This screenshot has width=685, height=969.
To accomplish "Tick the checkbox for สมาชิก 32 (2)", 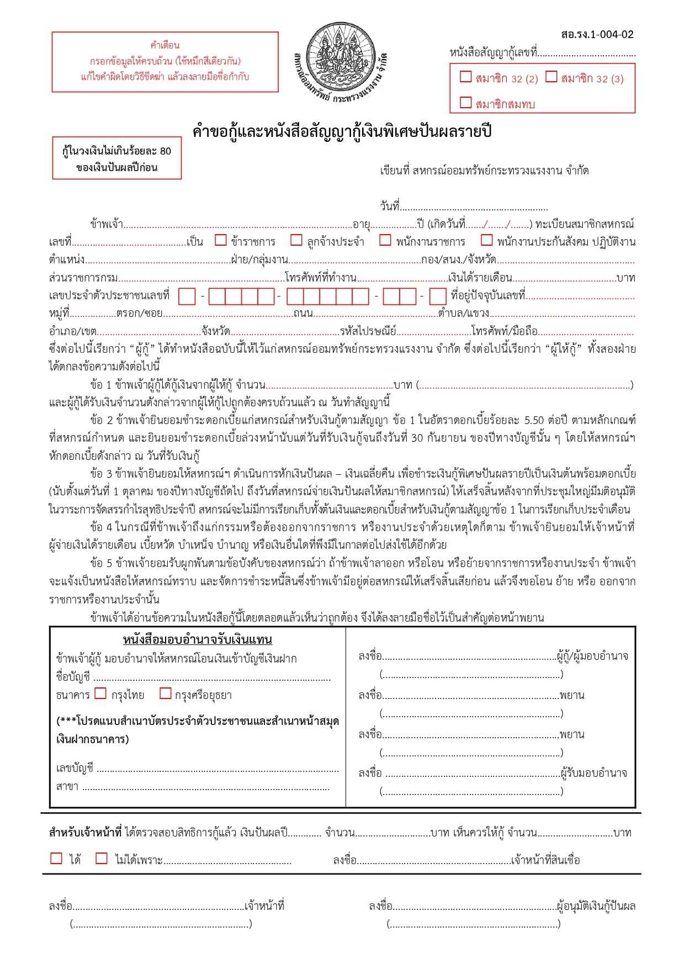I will click(466, 77).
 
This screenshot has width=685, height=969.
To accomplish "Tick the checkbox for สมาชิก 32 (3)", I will click(551, 77).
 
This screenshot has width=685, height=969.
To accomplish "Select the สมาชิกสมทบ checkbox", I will click(466, 102).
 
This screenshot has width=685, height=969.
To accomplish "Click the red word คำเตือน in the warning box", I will click(164, 45).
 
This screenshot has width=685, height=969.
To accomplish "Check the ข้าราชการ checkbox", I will click(221, 240).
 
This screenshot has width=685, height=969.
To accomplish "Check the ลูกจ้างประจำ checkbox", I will click(296, 240).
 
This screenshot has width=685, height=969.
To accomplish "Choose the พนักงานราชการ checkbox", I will click(385, 240).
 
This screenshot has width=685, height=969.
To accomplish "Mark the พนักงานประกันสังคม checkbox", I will click(486, 240).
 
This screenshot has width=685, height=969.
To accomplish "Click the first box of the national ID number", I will click(187, 296).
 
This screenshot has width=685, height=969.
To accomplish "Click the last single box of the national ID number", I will click(438, 296).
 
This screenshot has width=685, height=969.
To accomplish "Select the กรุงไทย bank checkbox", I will click(100, 693).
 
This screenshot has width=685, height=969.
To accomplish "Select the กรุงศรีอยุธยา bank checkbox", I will click(165, 693).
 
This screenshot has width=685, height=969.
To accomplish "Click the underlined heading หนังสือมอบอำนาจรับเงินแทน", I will click(198, 640).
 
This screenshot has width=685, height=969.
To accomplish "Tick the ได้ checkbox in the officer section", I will click(56, 858).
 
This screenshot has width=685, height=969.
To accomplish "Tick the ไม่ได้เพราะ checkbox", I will click(102, 858).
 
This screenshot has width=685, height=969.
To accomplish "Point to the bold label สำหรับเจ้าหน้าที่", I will click(85, 833).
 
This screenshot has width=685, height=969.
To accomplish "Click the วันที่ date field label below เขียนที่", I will click(390, 206).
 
